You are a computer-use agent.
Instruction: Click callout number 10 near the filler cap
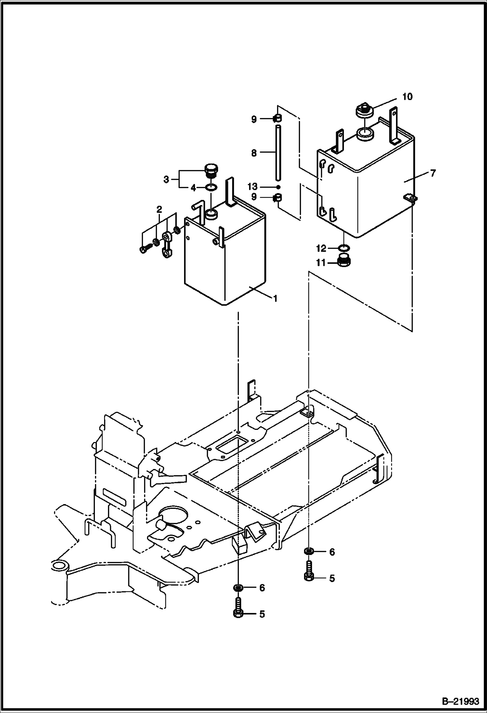click(x=407, y=97)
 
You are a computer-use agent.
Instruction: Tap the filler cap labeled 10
click(x=364, y=110)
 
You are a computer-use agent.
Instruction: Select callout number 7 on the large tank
click(x=433, y=173)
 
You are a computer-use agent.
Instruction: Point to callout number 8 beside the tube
click(x=254, y=153)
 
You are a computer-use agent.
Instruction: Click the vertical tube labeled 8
click(x=278, y=153)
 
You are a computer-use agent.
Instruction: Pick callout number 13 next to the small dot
click(x=252, y=187)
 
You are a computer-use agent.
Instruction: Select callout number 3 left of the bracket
click(x=166, y=179)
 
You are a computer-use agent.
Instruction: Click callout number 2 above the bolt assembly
click(x=159, y=209)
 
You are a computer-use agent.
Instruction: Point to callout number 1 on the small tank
click(x=275, y=298)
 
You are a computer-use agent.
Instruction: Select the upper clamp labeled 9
click(x=278, y=119)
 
